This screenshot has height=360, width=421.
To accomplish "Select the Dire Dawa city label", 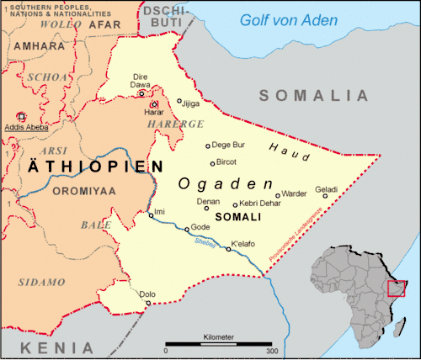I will (x=140, y=80).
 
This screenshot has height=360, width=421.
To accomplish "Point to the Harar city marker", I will (x=153, y=104).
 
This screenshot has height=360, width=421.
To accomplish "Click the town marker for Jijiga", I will (x=179, y=101).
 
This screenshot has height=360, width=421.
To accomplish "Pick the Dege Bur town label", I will (x=228, y=145).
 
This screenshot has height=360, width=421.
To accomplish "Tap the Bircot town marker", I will (x=212, y=162).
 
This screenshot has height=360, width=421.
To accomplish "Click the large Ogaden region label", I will (x=226, y=183).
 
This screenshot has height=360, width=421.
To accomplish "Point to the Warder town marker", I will (x=278, y=195).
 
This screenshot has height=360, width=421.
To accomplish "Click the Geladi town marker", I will (x=325, y=196).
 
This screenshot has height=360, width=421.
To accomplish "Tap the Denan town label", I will (x=208, y=202).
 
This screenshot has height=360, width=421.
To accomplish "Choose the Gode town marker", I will (x=187, y=229).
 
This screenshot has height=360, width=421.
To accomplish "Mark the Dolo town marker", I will (x=148, y=303).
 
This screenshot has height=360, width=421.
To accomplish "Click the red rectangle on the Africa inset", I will (x=397, y=289).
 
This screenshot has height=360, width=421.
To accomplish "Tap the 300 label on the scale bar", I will (x=271, y=350).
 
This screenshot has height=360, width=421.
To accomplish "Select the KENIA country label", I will (x=57, y=347).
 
